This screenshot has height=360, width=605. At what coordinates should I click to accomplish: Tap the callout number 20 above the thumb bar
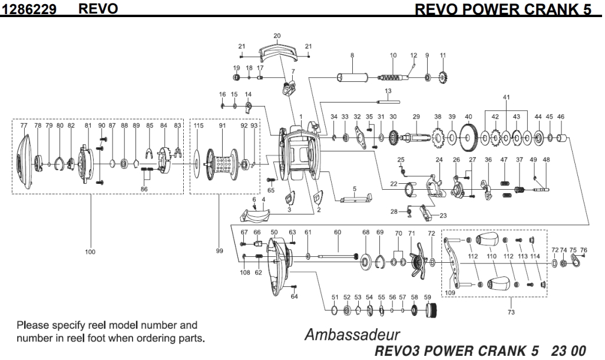pos(277,36)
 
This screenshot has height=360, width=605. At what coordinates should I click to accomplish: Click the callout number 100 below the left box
pos(90,252)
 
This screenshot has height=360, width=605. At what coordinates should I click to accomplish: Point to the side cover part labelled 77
pos(24,156)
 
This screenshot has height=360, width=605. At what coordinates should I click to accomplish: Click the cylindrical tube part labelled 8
pos(352,77)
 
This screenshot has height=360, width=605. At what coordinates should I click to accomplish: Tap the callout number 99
pos(219,251)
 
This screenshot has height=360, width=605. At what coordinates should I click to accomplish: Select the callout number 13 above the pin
pos(388,91)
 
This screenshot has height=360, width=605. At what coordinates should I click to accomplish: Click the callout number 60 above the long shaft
pos(338,232)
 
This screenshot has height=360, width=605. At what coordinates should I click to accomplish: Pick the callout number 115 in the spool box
pos(199,125)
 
